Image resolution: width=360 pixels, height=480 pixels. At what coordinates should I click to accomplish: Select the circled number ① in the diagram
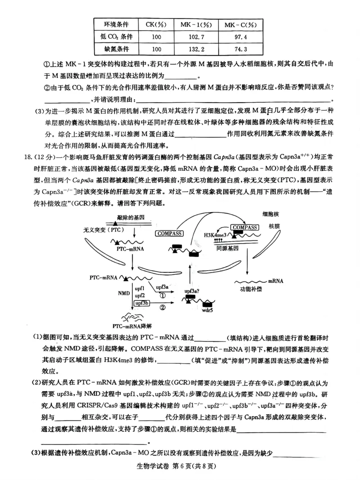(162, 295)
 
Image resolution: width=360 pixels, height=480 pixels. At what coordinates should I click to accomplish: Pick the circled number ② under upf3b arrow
(162, 308)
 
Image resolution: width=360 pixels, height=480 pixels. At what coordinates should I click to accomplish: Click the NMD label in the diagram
(124, 293)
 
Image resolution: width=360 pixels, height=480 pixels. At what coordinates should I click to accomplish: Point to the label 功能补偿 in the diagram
(251, 290)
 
